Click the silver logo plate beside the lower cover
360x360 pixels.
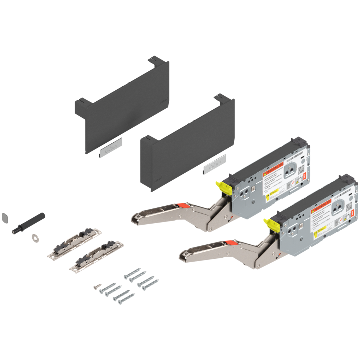(214, 167)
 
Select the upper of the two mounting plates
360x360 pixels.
(74, 243)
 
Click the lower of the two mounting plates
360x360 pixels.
(96, 257)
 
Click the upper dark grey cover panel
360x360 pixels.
(123, 105)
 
